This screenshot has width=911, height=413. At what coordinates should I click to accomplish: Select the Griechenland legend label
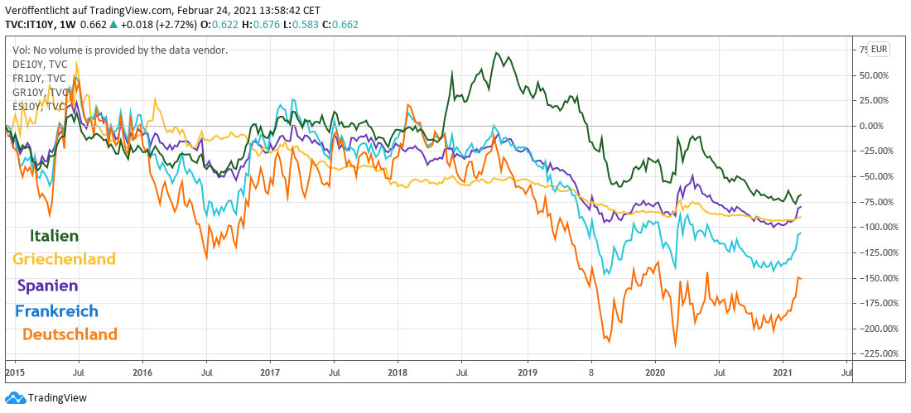point(64,259)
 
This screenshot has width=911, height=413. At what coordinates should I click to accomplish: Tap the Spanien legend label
point(47,286)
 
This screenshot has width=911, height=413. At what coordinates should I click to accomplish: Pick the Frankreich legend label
point(56,311)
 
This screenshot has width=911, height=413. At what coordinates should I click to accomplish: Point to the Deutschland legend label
point(70,334)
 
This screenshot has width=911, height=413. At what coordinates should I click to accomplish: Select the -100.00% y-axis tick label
point(870,227)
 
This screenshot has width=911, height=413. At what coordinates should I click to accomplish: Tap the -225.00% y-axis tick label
point(870,353)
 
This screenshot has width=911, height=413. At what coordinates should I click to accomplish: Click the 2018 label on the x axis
point(398,373)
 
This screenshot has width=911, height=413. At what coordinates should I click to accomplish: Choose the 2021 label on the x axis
point(783,373)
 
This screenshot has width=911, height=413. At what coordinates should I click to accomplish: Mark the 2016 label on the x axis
point(142,373)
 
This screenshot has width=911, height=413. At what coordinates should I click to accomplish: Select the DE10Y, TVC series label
point(40,64)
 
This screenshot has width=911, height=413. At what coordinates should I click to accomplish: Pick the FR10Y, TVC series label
point(40,78)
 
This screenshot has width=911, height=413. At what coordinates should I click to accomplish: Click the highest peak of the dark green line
point(496,54)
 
